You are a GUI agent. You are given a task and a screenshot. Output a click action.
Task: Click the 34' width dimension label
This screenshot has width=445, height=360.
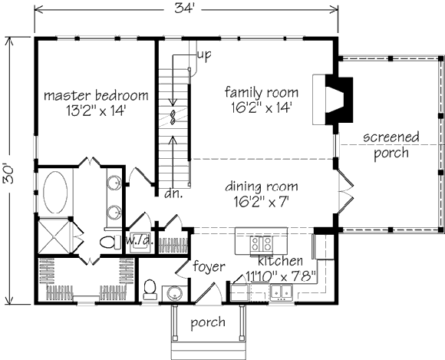pos(184,8)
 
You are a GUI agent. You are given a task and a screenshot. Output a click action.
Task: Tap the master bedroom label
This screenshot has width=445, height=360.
pos(96,95)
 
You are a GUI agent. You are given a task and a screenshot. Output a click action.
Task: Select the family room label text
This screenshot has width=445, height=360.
pos(262,93)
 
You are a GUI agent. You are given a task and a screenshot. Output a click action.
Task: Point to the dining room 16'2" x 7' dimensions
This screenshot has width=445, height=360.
pos(262,202)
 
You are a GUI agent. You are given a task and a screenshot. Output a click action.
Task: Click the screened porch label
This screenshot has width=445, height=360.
pos(391,145)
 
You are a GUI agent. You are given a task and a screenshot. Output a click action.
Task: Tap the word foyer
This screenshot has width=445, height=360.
pos(209,267)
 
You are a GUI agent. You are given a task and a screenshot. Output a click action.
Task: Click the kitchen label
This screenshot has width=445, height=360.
pos(280,261)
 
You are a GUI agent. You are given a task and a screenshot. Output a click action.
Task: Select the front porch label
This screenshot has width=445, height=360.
pos(208,322)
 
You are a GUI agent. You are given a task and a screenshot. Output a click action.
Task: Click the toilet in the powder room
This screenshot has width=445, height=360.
pos(150,289)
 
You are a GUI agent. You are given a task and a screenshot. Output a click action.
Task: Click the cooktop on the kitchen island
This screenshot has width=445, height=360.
pos(260,244)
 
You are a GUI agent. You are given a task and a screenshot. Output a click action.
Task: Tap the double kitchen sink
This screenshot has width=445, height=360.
pos(282,292)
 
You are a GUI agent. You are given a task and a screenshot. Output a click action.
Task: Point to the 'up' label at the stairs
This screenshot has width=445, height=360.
pos(204,55)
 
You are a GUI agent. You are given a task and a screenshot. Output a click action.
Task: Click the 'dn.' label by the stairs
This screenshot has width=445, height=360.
pos(173,194)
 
